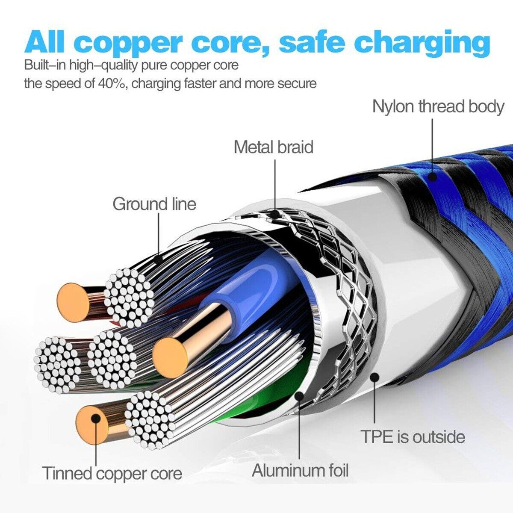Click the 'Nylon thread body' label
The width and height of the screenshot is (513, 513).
click(x=438, y=107)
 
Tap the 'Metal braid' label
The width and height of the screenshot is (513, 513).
click(x=274, y=147)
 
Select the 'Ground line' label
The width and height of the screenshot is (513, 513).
click(x=154, y=204)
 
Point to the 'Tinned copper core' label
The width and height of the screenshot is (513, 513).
click(x=112, y=474)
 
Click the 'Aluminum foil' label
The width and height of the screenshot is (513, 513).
click(x=300, y=471)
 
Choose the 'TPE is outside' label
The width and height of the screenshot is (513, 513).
click(x=413, y=437)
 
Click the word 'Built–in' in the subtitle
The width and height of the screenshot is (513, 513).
click(x=44, y=65)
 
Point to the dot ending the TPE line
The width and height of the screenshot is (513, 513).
click(x=375, y=377)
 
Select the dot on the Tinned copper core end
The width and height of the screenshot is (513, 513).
click(x=96, y=419)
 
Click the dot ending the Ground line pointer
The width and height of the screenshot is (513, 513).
click(x=159, y=258)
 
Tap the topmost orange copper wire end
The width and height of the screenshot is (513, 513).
click(x=73, y=302)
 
